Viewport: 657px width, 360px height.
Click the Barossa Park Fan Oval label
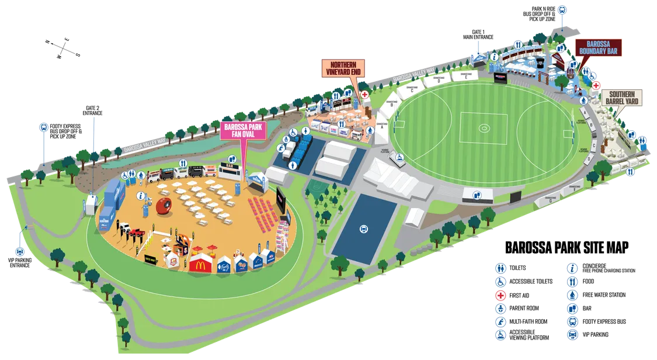(x=241, y=130)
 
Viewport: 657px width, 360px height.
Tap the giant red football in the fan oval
(x=163, y=206)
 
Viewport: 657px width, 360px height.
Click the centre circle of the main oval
(x=484, y=127)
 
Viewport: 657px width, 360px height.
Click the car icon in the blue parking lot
(x=363, y=229)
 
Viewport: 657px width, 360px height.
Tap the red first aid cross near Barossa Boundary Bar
(x=596, y=85)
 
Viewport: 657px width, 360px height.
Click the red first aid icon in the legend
(x=501, y=295)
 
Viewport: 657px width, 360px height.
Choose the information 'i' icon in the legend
(x=573, y=268)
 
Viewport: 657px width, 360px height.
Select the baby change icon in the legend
(x=501, y=309)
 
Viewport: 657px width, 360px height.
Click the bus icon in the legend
(x=573, y=322)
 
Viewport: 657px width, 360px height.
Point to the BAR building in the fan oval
(x=227, y=170)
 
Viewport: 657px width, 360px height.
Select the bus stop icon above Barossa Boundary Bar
(x=561, y=9)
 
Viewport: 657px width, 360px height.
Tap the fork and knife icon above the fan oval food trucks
(x=183, y=164)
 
